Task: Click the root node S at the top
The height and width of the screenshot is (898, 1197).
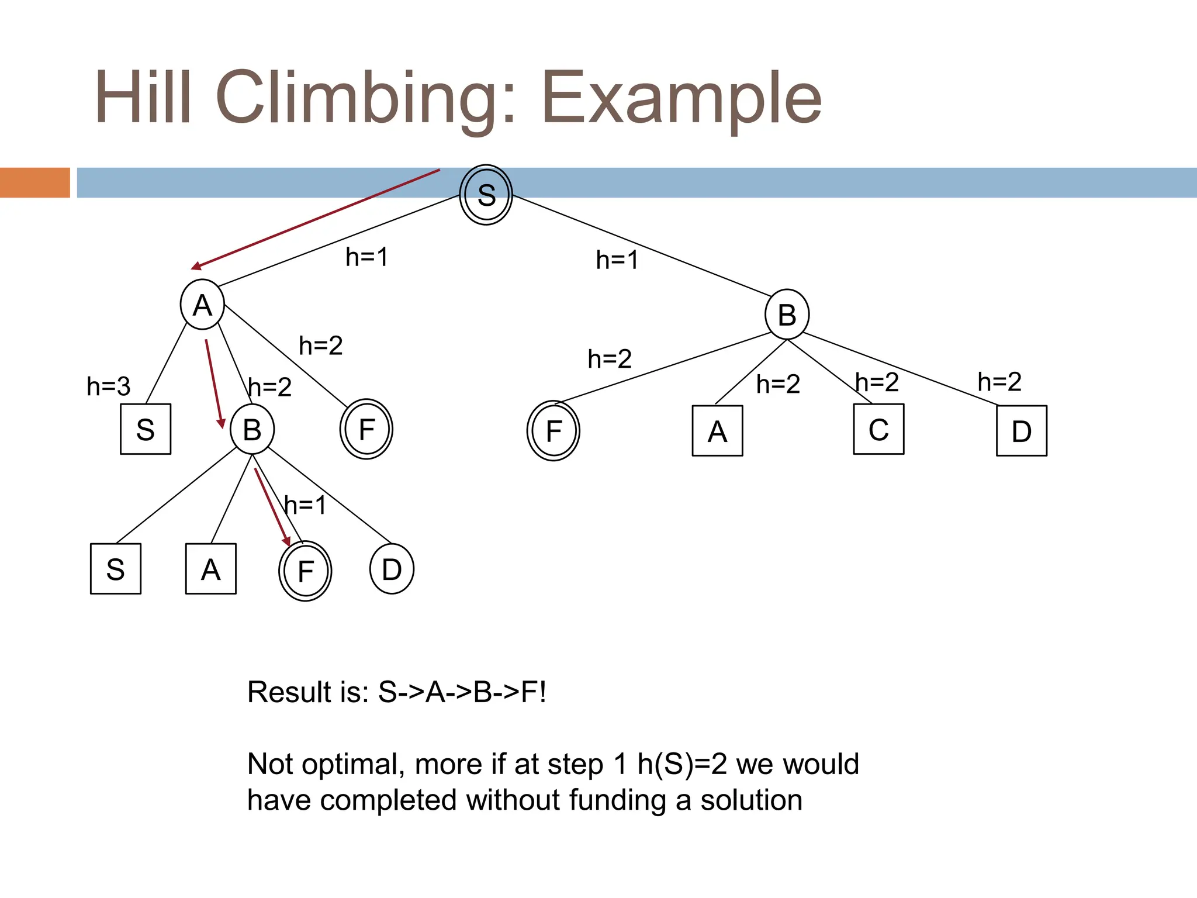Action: coord(486,195)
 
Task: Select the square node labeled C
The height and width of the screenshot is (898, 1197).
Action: coord(878,430)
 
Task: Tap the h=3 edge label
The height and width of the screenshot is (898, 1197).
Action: coord(108,386)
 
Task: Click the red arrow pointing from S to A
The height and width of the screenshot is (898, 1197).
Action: coord(316,219)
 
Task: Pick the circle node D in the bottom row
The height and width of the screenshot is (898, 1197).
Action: coord(392,569)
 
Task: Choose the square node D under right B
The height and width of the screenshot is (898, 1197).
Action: coord(1021,431)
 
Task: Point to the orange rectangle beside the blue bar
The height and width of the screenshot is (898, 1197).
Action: coord(35,182)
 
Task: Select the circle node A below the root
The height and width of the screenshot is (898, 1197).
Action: coord(202,305)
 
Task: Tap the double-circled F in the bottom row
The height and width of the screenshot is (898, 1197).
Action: coord(305,571)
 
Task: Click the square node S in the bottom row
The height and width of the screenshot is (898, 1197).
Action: coord(116,569)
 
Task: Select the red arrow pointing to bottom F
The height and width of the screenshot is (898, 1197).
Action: coord(272,506)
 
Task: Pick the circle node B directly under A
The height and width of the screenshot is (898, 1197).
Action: coord(252,430)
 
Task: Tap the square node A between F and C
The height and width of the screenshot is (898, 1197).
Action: coord(717,431)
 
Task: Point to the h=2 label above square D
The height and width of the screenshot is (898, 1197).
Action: coord(999,382)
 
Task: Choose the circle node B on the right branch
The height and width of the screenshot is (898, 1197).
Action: coord(787,315)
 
